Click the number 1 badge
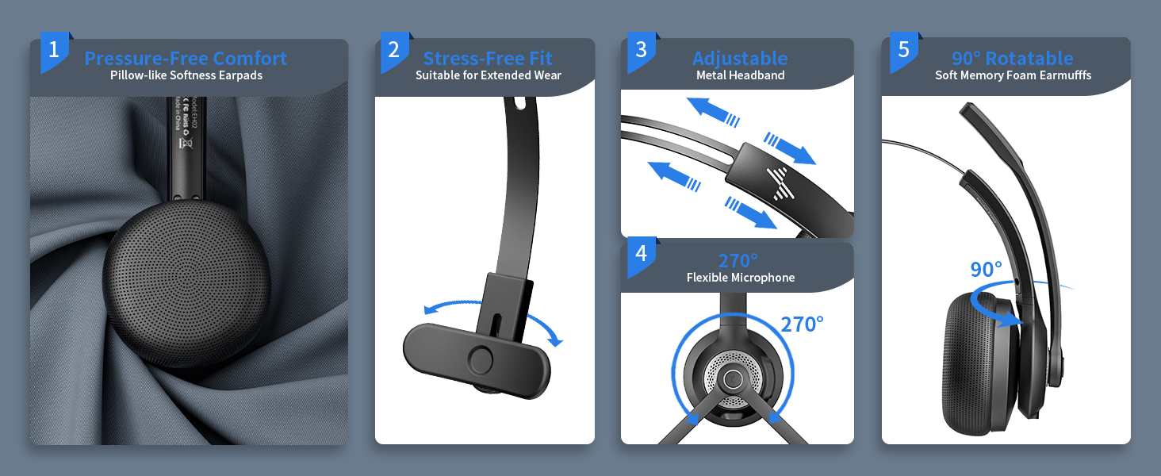point(54,51)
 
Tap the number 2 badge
point(394,51)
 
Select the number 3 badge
point(641,51)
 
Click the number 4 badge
point(641,254)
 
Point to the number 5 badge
point(903,51)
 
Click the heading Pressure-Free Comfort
point(186,59)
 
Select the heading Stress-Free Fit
point(488,59)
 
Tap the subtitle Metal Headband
point(740,75)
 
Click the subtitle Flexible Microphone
point(740,278)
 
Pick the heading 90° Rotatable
point(1012,59)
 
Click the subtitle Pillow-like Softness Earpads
point(186,75)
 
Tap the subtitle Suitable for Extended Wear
point(488,75)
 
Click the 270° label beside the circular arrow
point(802,324)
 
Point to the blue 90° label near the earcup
point(986,270)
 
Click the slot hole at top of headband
point(519,103)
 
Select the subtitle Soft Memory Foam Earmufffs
point(1012,75)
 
